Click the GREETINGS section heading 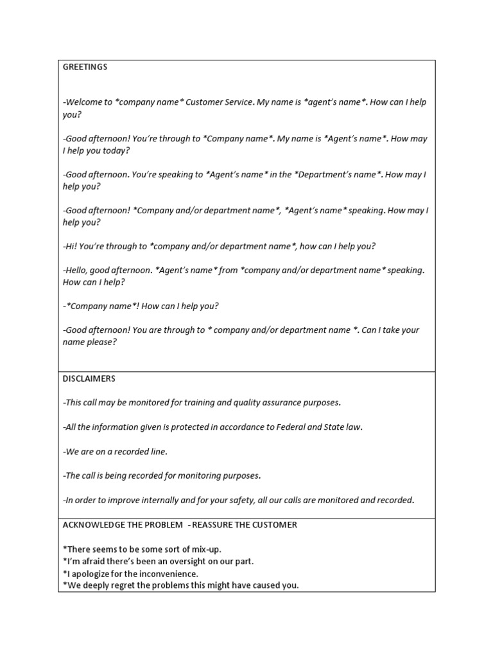[x=85, y=67]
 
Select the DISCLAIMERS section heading [x=89, y=379]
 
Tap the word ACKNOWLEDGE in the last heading [x=91, y=525]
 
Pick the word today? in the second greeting [x=114, y=150]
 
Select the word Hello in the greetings [x=78, y=271]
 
